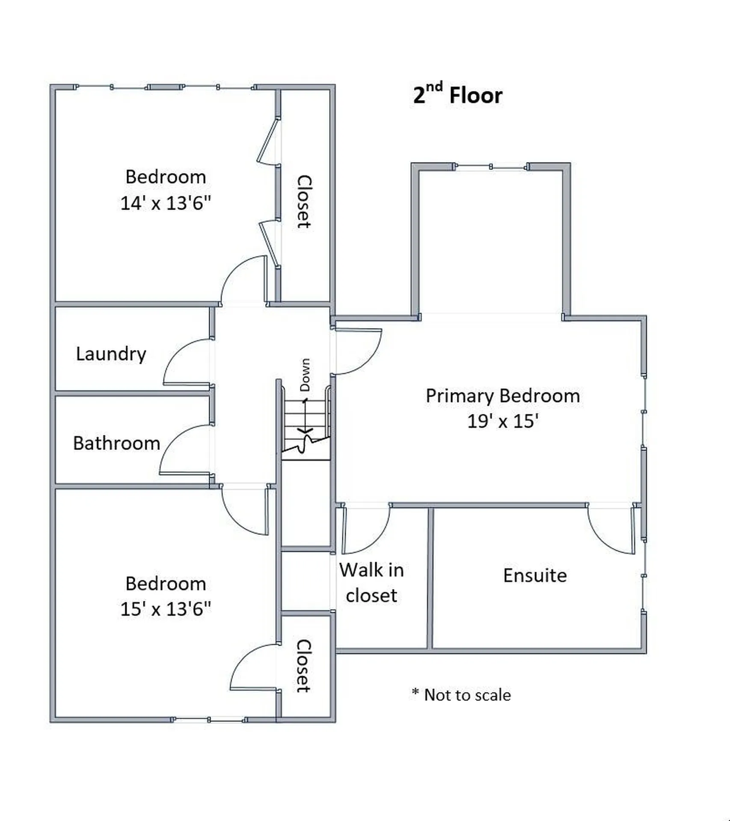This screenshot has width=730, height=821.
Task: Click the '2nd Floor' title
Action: [x=457, y=95]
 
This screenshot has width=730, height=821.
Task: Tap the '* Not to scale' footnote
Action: [x=461, y=695]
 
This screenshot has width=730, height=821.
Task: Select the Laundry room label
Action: [x=111, y=354]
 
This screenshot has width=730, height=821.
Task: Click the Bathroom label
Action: [x=116, y=443]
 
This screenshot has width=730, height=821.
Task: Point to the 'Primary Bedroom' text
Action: [x=503, y=396]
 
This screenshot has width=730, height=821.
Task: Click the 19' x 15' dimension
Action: [x=503, y=421]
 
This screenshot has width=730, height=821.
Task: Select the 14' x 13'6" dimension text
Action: [x=166, y=203]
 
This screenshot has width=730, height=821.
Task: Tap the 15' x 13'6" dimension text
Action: [x=166, y=609]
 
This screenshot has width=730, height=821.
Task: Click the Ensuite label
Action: [x=535, y=575]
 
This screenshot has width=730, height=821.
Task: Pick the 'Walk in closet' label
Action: [x=371, y=582]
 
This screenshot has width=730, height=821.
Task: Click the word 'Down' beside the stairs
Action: [x=305, y=375]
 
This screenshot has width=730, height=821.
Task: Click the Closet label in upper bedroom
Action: [x=304, y=201]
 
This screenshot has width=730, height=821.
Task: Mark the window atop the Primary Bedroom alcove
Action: [x=491, y=167]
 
